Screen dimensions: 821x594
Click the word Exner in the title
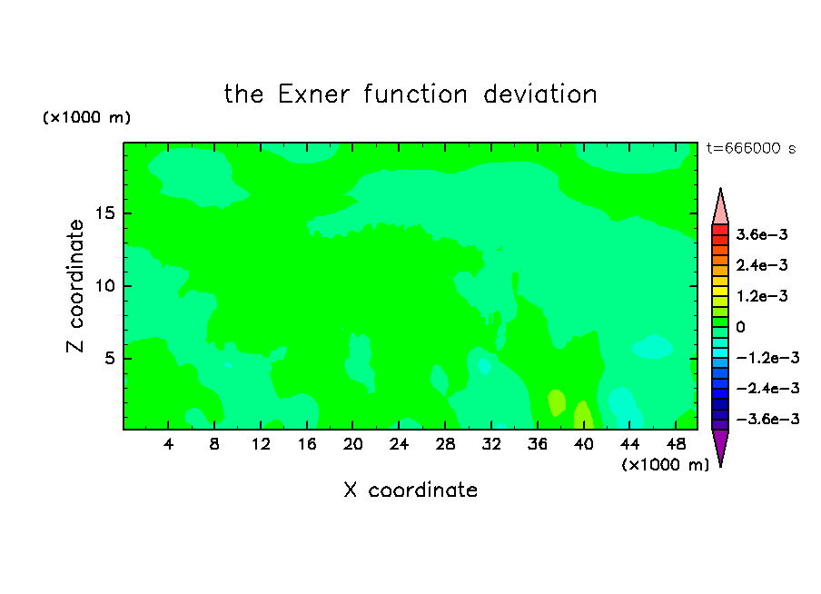[x=313, y=94]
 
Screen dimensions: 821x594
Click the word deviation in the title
[x=539, y=94]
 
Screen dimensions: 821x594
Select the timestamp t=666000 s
[x=751, y=148]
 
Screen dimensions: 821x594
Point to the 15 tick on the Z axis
[x=104, y=213]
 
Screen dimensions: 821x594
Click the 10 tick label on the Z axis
[x=104, y=285]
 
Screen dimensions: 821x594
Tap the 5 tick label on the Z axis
[x=109, y=358]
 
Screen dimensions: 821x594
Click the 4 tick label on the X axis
[x=168, y=444]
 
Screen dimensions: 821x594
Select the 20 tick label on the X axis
[x=353, y=444]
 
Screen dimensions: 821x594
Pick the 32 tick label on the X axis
[x=491, y=444]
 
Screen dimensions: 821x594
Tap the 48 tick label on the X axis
[x=676, y=444]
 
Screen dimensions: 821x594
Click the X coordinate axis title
[x=410, y=490]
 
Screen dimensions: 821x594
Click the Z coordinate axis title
[x=74, y=286]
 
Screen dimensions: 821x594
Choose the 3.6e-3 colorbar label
[x=762, y=234]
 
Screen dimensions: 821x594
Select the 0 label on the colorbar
[x=740, y=327]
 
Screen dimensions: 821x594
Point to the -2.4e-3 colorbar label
[x=767, y=388]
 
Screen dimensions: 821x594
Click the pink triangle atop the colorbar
[x=720, y=207]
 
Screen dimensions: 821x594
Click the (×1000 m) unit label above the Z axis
[x=86, y=117]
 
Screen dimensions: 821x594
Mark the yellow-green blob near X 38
[x=557, y=402]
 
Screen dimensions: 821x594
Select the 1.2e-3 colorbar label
[x=762, y=296]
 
